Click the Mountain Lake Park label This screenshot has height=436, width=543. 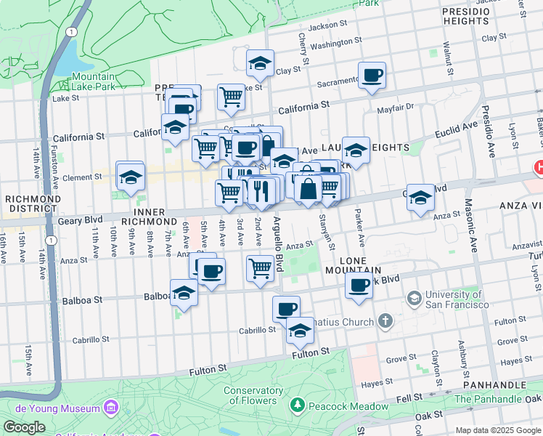point(93,81)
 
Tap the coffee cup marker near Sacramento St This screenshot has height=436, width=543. point(372,76)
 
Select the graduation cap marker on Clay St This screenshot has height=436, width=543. point(260,64)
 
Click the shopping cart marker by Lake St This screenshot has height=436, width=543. point(231,97)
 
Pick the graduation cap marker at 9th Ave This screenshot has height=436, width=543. point(130,177)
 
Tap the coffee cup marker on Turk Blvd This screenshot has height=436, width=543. point(359,286)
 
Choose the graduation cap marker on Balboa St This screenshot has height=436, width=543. point(184,294)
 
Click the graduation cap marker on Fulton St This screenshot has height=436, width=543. point(299,331)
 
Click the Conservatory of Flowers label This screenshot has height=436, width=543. point(253,395)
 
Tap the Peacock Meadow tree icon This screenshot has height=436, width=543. point(296,403)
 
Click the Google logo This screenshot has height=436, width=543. point(24,427)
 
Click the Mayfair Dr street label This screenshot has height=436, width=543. point(394,108)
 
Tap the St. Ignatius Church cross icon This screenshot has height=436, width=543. point(385,320)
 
